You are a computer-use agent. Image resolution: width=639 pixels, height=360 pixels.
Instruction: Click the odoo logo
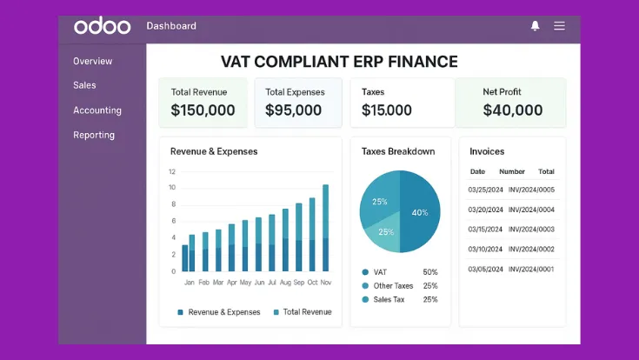click(x=103, y=26)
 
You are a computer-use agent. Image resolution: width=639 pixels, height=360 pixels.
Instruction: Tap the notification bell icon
click(x=535, y=26)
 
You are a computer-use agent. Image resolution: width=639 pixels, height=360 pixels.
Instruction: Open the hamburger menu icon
click(x=559, y=26)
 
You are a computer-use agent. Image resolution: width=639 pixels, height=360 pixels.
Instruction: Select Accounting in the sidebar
click(x=97, y=110)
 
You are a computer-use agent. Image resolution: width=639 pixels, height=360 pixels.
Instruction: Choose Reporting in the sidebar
click(x=94, y=135)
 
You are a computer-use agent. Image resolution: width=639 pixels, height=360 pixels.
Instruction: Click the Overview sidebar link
click(x=92, y=61)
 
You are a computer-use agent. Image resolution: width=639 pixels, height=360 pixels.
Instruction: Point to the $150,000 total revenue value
click(x=203, y=110)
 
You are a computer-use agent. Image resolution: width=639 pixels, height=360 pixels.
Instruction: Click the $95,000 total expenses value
click(x=294, y=110)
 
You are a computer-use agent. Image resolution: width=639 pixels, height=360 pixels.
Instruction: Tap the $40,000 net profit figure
click(x=513, y=110)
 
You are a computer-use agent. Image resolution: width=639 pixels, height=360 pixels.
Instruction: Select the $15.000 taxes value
click(x=387, y=110)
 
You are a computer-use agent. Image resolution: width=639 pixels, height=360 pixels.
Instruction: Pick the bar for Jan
click(x=185, y=258)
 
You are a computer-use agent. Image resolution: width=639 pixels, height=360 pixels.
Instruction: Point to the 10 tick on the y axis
click(x=172, y=188)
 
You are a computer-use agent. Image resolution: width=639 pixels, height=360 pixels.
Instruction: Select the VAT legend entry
click(x=381, y=272)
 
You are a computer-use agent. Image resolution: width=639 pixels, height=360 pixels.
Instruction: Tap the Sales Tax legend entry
click(x=387, y=300)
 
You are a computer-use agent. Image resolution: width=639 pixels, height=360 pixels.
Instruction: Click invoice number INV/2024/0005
click(x=531, y=190)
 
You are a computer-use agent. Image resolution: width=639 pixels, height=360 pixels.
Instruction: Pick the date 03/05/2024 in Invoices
click(x=486, y=270)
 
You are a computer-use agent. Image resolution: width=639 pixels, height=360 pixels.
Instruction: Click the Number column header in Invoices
click(x=512, y=172)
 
